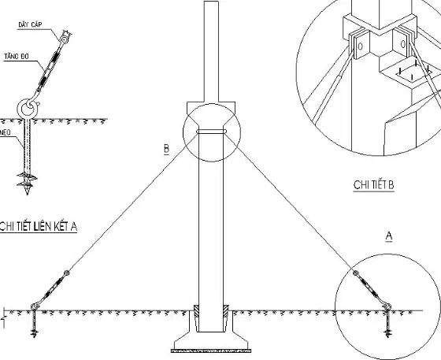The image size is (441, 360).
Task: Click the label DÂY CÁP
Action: pyautogui.click(x=30, y=24)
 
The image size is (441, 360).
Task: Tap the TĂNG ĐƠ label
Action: pyautogui.click(x=17, y=57)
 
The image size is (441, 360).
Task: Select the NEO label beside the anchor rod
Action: pyautogui.click(x=6, y=132)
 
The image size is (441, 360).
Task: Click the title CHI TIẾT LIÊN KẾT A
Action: pyautogui.click(x=39, y=226)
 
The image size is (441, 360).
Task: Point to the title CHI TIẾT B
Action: pyautogui.click(x=373, y=185)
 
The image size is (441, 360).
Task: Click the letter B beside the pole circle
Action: pyautogui.click(x=166, y=149)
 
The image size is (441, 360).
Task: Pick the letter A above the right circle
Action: pyautogui.click(x=389, y=236)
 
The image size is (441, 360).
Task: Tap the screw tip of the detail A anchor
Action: pyautogui.click(x=28, y=192)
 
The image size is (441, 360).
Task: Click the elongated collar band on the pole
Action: pyautogui.click(x=212, y=132)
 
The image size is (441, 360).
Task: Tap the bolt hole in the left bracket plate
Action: pyautogui.click(x=361, y=46)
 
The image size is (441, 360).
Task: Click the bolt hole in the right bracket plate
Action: pyautogui.click(x=403, y=44)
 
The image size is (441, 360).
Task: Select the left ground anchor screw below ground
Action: pyautogui.click(x=34, y=324)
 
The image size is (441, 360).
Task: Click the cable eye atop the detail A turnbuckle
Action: pyautogui.click(x=65, y=39)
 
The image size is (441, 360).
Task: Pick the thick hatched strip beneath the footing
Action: pyautogui.click(x=211, y=351)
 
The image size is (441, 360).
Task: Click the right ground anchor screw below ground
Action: pyautogui.click(x=388, y=324)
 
